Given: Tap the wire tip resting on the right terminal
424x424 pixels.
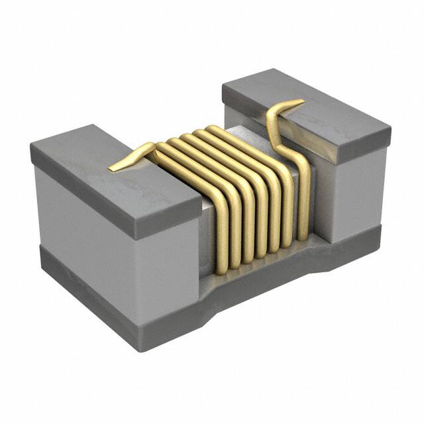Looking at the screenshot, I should pos(291,104).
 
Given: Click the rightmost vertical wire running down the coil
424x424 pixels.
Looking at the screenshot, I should pos(303,199).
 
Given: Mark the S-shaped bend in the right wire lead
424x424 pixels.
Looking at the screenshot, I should pos(273,126).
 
